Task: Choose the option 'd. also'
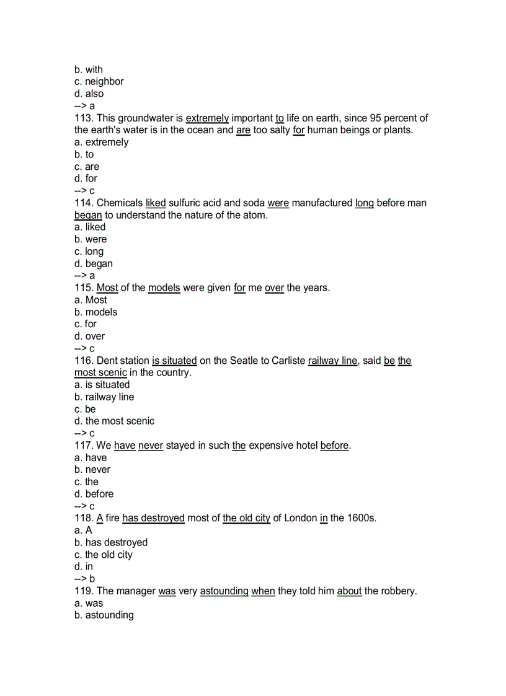point(89,94)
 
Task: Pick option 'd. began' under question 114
point(93,263)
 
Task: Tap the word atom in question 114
point(255,215)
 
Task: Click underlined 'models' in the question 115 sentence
point(164,288)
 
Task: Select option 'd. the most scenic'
point(114,421)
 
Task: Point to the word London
point(301,518)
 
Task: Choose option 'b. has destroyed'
point(110,542)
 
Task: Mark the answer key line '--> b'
point(84,579)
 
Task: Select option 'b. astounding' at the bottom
point(104,615)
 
